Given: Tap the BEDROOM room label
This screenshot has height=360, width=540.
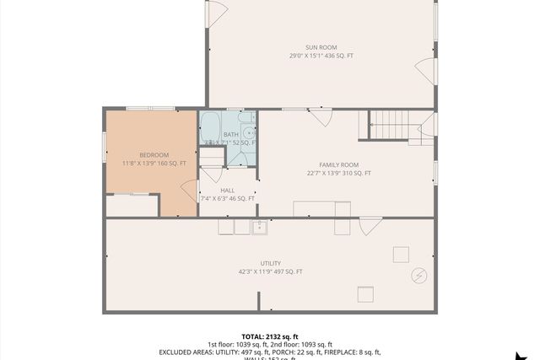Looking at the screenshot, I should click(154, 154).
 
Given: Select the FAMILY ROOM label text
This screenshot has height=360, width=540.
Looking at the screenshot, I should click(339, 164).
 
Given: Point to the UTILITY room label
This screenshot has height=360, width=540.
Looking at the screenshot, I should click(271, 263).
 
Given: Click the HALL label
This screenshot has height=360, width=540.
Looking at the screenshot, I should click(228, 191).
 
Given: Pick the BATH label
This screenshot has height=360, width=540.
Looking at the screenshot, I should click(230, 134).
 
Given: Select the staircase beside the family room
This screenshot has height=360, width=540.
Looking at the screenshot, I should click(391, 126).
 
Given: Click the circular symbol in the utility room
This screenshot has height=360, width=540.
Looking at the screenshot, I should click(418, 275).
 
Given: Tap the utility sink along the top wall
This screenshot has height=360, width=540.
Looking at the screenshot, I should click(260, 226).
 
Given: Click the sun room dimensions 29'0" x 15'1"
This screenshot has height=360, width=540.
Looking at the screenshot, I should click(322, 56).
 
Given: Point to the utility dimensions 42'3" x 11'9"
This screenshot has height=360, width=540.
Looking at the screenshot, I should click(271, 271).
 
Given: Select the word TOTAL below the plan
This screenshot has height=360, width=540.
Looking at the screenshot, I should click(254, 335).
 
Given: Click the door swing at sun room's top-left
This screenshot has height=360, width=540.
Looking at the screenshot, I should click(217, 12).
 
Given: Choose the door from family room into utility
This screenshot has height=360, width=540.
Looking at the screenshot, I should click(370, 226).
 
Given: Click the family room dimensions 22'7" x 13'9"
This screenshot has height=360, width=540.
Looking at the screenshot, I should click(339, 173).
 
